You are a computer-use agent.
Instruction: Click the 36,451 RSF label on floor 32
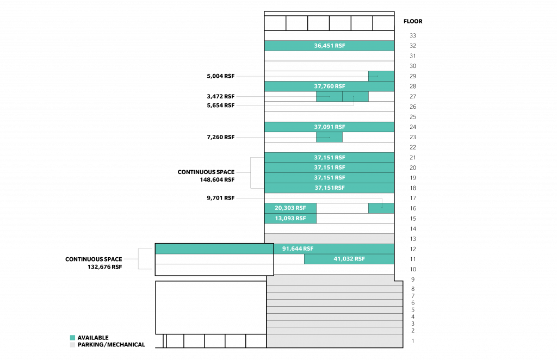tap(329, 46)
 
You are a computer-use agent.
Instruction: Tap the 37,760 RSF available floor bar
tap(329, 86)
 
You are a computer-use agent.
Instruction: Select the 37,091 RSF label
tap(329, 127)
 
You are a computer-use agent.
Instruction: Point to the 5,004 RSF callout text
tap(221, 76)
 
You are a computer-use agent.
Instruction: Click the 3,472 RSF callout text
tap(221, 96)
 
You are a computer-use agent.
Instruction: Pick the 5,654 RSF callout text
tap(221, 105)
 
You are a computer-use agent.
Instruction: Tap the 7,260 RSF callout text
tap(221, 137)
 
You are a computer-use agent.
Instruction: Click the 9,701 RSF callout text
tap(221, 198)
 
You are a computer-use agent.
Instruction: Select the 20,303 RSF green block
tap(290, 208)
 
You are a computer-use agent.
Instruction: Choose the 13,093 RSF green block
tap(290, 219)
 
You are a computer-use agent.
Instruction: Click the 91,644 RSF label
tap(298, 249)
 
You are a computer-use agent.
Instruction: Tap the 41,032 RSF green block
tap(349, 259)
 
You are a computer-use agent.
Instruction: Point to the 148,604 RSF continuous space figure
tap(217, 179)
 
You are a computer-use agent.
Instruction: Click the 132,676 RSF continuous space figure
tap(105, 267)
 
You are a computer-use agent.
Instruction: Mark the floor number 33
tap(413, 35)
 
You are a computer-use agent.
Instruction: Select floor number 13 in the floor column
tap(413, 239)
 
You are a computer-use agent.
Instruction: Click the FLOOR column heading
tap(413, 21)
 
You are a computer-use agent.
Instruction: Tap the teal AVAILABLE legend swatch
tap(72, 338)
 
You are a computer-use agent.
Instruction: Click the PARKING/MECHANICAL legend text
tap(111, 345)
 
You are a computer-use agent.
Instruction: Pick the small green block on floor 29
tap(381, 76)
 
